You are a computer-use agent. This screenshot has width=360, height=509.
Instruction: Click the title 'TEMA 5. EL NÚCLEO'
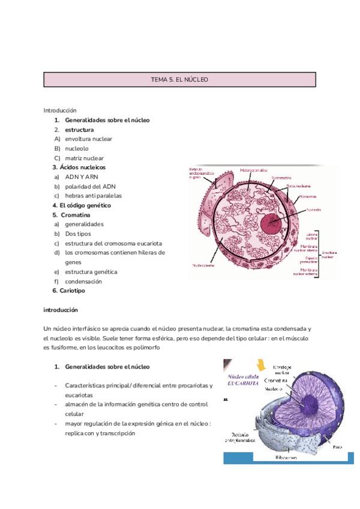[179, 79]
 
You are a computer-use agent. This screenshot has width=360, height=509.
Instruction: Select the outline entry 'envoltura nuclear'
[88, 139]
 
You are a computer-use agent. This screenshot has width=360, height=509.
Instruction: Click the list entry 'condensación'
[83, 282]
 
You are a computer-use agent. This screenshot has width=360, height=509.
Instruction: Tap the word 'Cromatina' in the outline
[76, 214]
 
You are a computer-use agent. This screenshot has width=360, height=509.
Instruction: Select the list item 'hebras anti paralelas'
[93, 196]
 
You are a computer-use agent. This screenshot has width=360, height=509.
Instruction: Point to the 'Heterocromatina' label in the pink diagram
[254, 170]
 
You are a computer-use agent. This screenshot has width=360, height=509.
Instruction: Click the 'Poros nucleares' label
[299, 186]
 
